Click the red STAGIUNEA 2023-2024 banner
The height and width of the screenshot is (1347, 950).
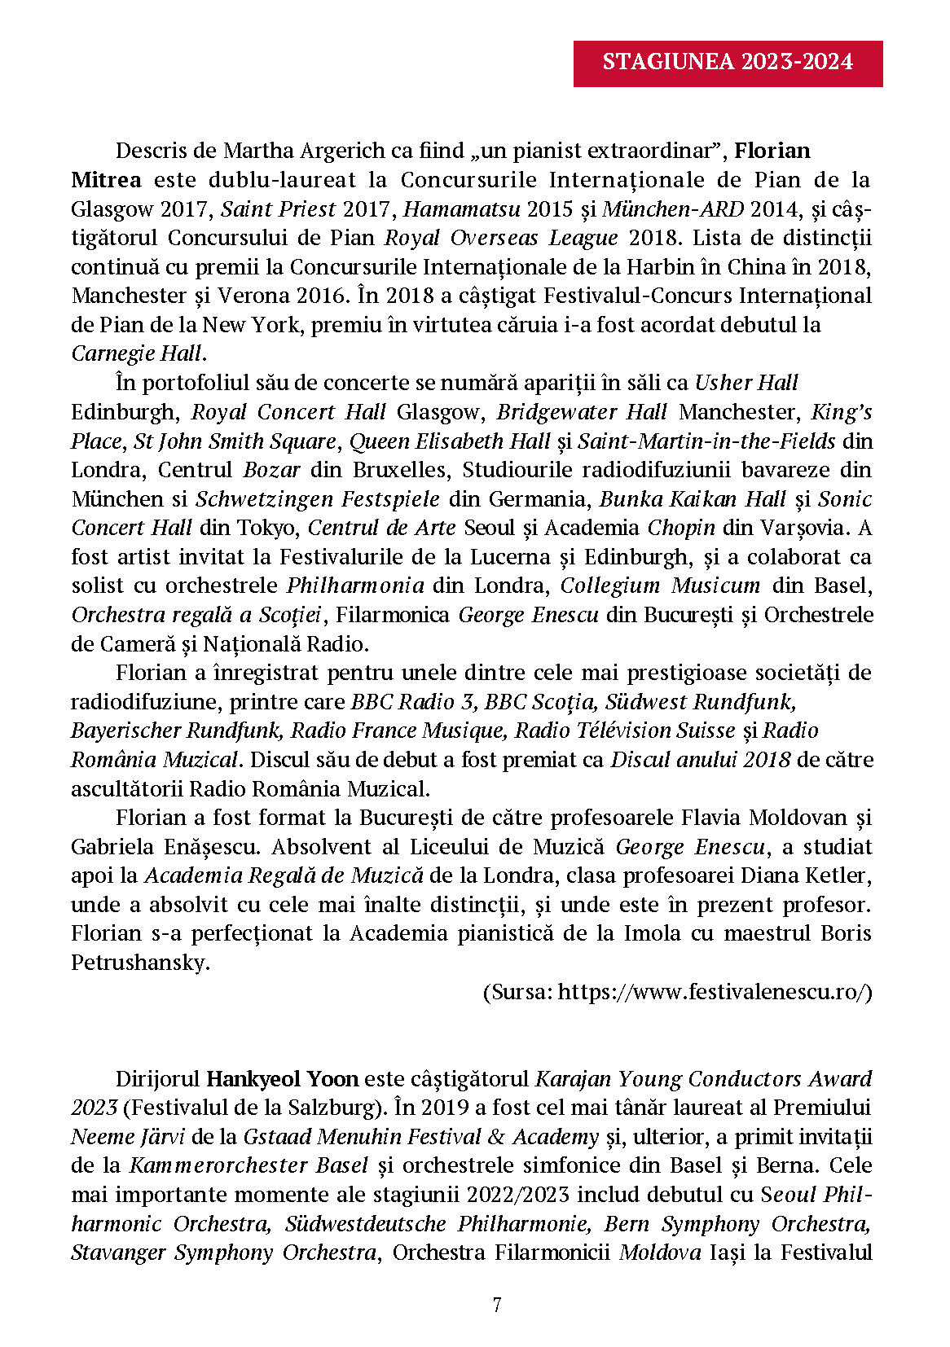pos(728,63)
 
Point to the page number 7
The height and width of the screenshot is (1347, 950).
pos(497,1305)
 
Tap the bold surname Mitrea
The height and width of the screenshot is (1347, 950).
pos(106,180)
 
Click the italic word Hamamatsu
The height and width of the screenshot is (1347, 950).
pos(462,209)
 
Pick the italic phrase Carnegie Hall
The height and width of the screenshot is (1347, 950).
pos(137,353)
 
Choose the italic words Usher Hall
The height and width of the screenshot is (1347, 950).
pos(745,383)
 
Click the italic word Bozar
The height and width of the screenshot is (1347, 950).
pos(271,470)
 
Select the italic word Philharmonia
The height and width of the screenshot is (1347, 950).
pos(355,586)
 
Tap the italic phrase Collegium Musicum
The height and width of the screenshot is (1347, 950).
pos(660,586)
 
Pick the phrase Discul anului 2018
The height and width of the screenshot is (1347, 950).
pos(700,760)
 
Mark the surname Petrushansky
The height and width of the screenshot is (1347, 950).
pos(139,963)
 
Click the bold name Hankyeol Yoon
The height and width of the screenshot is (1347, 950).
pos(282,1079)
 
